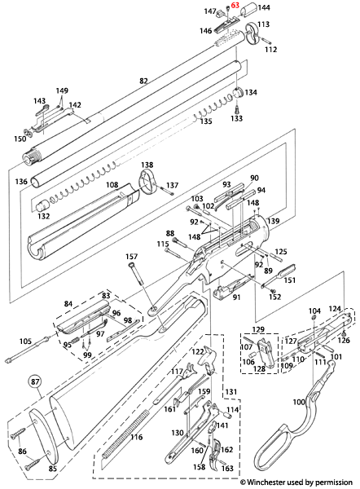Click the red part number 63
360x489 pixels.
235,6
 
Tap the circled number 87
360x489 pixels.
35,381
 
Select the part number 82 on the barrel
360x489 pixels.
143,81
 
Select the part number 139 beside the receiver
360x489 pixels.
274,221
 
